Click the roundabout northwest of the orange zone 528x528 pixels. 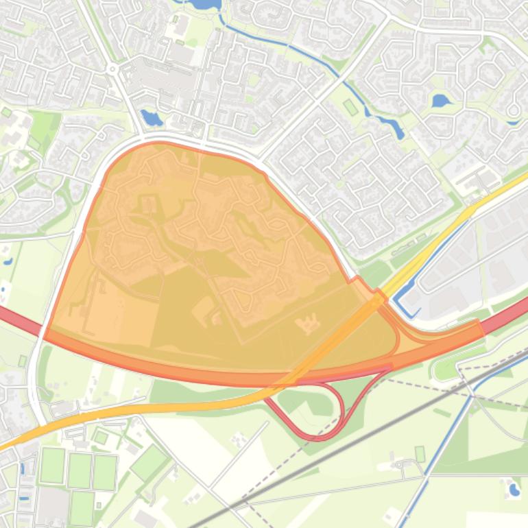[x=112, y=69]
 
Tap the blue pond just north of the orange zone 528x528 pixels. [x=149, y=117]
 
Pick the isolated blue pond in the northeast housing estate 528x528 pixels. [x=441, y=101]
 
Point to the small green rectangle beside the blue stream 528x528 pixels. [x=350, y=107]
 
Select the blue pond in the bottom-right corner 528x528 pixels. [x=514, y=490]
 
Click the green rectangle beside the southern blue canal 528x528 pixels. [x=420, y=454]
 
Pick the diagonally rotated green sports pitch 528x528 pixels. [x=149, y=463]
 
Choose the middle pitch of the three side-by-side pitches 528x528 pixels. [x=80, y=471]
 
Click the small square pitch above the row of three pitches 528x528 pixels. [x=101, y=437]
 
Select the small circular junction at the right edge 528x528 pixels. [x=513, y=110]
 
